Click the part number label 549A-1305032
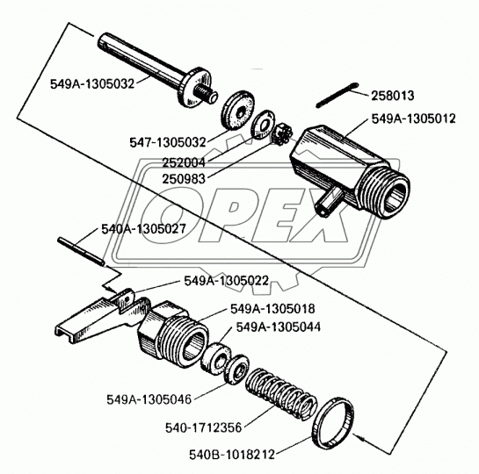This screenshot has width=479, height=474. [x=92, y=83]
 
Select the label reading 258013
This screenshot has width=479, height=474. [x=393, y=96]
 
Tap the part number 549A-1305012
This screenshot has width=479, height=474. [x=413, y=118]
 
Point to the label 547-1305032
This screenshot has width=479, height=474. [x=168, y=142]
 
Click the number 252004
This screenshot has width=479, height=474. [x=184, y=163]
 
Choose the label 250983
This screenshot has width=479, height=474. [x=184, y=179]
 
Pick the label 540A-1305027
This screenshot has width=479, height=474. [x=143, y=229]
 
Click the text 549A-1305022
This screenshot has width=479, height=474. [x=227, y=281]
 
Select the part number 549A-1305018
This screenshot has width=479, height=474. [x=272, y=309]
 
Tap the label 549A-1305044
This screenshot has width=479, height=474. [x=279, y=327]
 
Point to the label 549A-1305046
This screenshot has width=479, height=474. [x=149, y=399]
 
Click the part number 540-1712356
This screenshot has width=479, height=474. [x=203, y=427]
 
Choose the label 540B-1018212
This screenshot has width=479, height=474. [x=232, y=455]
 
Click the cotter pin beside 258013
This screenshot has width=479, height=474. [x=337, y=95]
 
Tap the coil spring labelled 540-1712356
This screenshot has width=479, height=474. [x=281, y=394]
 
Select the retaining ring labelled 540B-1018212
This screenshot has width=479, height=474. [x=333, y=423]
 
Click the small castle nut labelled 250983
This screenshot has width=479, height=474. [x=283, y=133]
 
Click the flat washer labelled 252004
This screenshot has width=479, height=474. [x=263, y=124]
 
